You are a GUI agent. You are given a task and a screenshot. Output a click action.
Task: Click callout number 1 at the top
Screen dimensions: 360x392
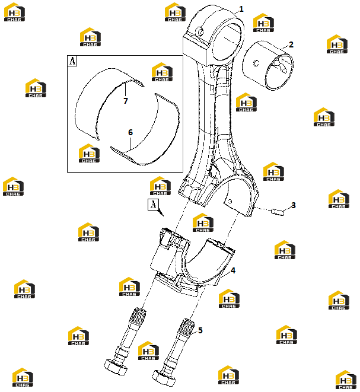click(x=241, y=9)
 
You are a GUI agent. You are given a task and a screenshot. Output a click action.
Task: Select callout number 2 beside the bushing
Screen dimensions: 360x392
click(x=291, y=44)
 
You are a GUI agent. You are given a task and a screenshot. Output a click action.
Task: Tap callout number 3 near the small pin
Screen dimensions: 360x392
click(x=293, y=205)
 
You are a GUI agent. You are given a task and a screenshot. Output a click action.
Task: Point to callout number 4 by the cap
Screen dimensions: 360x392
click(x=233, y=270)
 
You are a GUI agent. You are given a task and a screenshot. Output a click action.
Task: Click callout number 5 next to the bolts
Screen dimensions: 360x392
click(x=200, y=330)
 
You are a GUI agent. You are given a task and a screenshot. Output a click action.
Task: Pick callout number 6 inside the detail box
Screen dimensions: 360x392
click(x=130, y=132)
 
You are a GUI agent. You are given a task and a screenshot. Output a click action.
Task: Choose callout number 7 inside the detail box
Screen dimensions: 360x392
click(x=126, y=101)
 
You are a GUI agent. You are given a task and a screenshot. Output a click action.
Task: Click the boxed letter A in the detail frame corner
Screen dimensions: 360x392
click(x=72, y=60)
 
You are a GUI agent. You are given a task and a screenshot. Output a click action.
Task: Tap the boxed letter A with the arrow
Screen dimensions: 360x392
click(x=153, y=204)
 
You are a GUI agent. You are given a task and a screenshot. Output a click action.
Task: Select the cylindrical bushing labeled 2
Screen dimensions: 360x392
click(x=267, y=65)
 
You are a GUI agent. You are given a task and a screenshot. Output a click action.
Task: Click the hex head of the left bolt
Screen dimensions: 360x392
click(x=115, y=367)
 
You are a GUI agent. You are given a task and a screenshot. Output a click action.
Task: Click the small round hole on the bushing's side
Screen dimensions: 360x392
click(x=256, y=63)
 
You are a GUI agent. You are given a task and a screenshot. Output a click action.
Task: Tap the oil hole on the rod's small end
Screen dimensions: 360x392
click(x=200, y=31)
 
